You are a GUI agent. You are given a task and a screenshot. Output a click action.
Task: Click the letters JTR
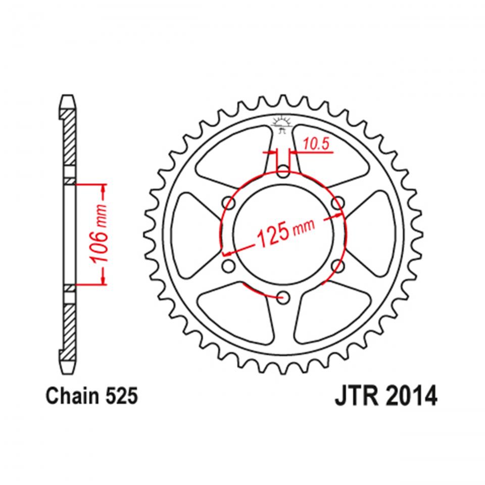point(355,397)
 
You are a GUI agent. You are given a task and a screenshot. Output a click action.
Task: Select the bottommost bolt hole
point(283,298)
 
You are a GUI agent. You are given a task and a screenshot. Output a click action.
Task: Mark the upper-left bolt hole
point(228,203)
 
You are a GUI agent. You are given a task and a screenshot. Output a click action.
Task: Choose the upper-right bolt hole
point(338,203)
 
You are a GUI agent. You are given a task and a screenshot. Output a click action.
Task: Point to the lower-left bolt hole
point(228,266)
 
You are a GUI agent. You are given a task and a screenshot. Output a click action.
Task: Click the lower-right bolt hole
point(338,266)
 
